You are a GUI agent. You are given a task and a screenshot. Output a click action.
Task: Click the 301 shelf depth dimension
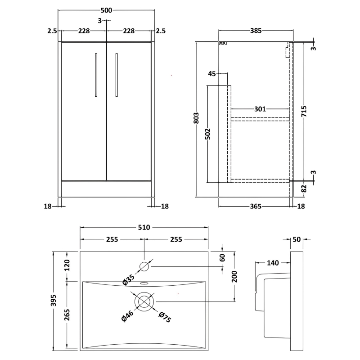pyautogui.click(x=260, y=109)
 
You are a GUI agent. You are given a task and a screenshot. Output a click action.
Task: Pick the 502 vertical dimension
pyautogui.click(x=207, y=134)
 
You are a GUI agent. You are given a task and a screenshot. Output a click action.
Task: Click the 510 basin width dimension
pyautogui.click(x=144, y=228)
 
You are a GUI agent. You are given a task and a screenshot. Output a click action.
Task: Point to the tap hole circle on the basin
pyautogui.click(x=144, y=266)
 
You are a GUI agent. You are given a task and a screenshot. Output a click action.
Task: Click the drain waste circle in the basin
pyautogui.click(x=144, y=301)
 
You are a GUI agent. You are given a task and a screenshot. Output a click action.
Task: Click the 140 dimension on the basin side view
pyautogui.click(x=273, y=262)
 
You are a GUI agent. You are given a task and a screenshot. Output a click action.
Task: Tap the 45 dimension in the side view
pyautogui.click(x=212, y=74)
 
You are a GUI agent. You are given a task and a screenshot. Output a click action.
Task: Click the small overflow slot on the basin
pyautogui.click(x=144, y=284)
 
